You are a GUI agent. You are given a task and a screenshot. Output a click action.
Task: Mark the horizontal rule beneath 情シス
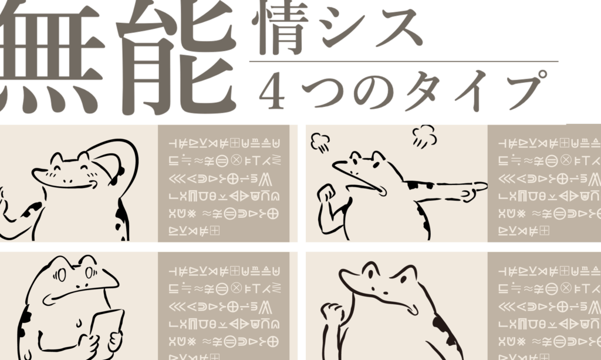[x=404, y=61]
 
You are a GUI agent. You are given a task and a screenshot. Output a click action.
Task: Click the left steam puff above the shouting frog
[x=319, y=141]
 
